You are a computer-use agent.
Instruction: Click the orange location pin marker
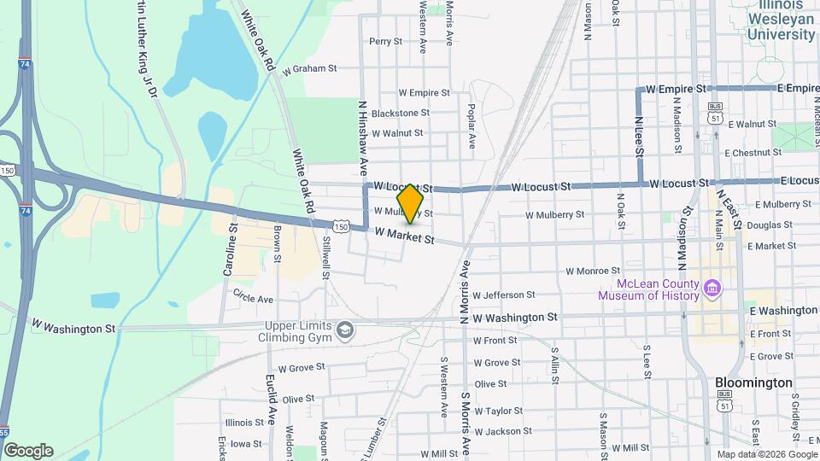pos(411,202)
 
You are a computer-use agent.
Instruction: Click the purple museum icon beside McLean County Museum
pos(711,289)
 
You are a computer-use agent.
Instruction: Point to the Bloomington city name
pos(753,382)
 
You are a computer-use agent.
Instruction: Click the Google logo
pos(27,450)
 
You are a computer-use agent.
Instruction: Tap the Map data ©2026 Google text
pos(765,453)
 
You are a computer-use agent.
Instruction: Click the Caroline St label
pos(230,250)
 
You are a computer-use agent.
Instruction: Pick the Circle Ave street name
pos(253,300)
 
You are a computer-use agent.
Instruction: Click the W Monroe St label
pos(596,271)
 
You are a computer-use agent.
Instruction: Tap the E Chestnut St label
pos(753,153)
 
